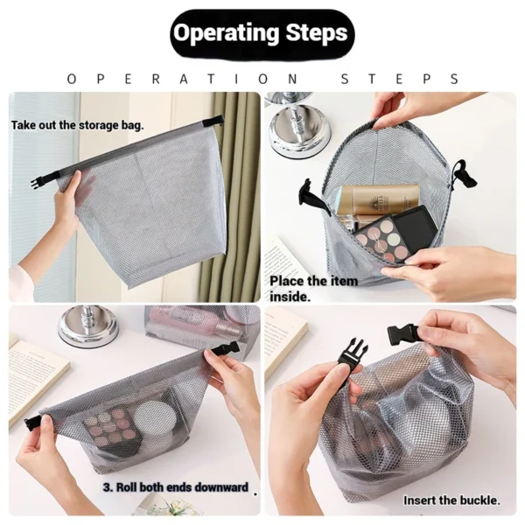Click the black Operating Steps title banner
pyautogui.click(x=260, y=33)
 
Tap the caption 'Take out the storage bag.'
pyautogui.click(x=78, y=125)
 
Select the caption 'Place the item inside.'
pyautogui.click(x=313, y=288)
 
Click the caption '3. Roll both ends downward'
pyautogui.click(x=175, y=486)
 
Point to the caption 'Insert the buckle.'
pyautogui.click(x=451, y=500)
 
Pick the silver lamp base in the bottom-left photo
pyautogui.click(x=87, y=327)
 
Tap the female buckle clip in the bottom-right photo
pyautogui.click(x=353, y=353)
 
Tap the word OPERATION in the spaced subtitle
pyautogui.click(x=185, y=79)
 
